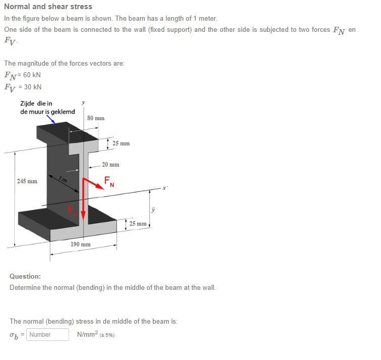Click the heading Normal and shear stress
(48, 7)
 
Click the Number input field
(47, 334)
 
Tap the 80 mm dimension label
(95, 118)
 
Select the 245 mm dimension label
(27, 181)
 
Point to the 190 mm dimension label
(81, 244)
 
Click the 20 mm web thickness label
(111, 165)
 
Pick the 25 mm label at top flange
(121, 143)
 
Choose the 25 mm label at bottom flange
(138, 223)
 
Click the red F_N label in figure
(108, 181)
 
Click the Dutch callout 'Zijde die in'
(36, 104)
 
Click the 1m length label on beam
(63, 180)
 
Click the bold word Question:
(25, 276)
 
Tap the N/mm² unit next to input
(88, 334)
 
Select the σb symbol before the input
(14, 335)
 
